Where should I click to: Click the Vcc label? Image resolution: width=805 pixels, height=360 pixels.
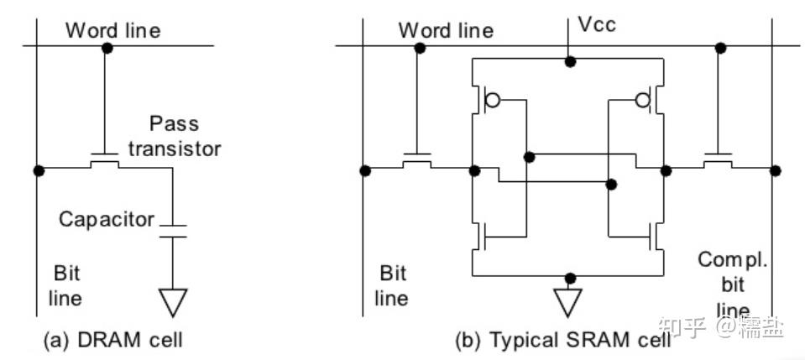pos(597,24)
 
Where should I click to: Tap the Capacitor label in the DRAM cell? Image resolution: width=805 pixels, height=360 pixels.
pos(107,219)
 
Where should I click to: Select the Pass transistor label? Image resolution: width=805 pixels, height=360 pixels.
pos(175,136)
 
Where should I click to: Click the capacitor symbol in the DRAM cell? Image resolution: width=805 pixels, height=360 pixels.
pos(173,231)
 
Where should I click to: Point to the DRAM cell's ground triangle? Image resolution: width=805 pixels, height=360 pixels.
pos(173,302)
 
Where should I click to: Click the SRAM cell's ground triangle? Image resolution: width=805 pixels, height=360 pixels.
pos(567,302)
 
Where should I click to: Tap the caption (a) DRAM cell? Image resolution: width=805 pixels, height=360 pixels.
pos(113,340)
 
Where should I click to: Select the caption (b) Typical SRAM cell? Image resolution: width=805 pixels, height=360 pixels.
pos(562,340)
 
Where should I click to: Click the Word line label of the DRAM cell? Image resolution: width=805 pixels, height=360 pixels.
pos(113,30)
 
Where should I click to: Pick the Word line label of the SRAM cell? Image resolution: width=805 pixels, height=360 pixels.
pos(446,30)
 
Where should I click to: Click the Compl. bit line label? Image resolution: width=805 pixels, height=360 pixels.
pos(733,284)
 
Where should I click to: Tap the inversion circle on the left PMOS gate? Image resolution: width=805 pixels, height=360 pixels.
pos(493,100)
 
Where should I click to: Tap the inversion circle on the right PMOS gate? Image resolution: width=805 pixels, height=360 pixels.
pos(643,100)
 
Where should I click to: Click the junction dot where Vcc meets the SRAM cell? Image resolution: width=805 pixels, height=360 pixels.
pos(569,62)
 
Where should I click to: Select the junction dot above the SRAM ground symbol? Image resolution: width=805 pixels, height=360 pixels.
pos(569,279)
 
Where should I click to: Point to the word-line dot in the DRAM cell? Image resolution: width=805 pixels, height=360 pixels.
pos(107,48)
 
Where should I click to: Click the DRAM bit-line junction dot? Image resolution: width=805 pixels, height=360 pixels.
pos(39,171)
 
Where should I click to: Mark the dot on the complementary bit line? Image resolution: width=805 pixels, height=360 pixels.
pos(776,170)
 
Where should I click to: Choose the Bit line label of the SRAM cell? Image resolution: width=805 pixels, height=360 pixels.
pos(392,285)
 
